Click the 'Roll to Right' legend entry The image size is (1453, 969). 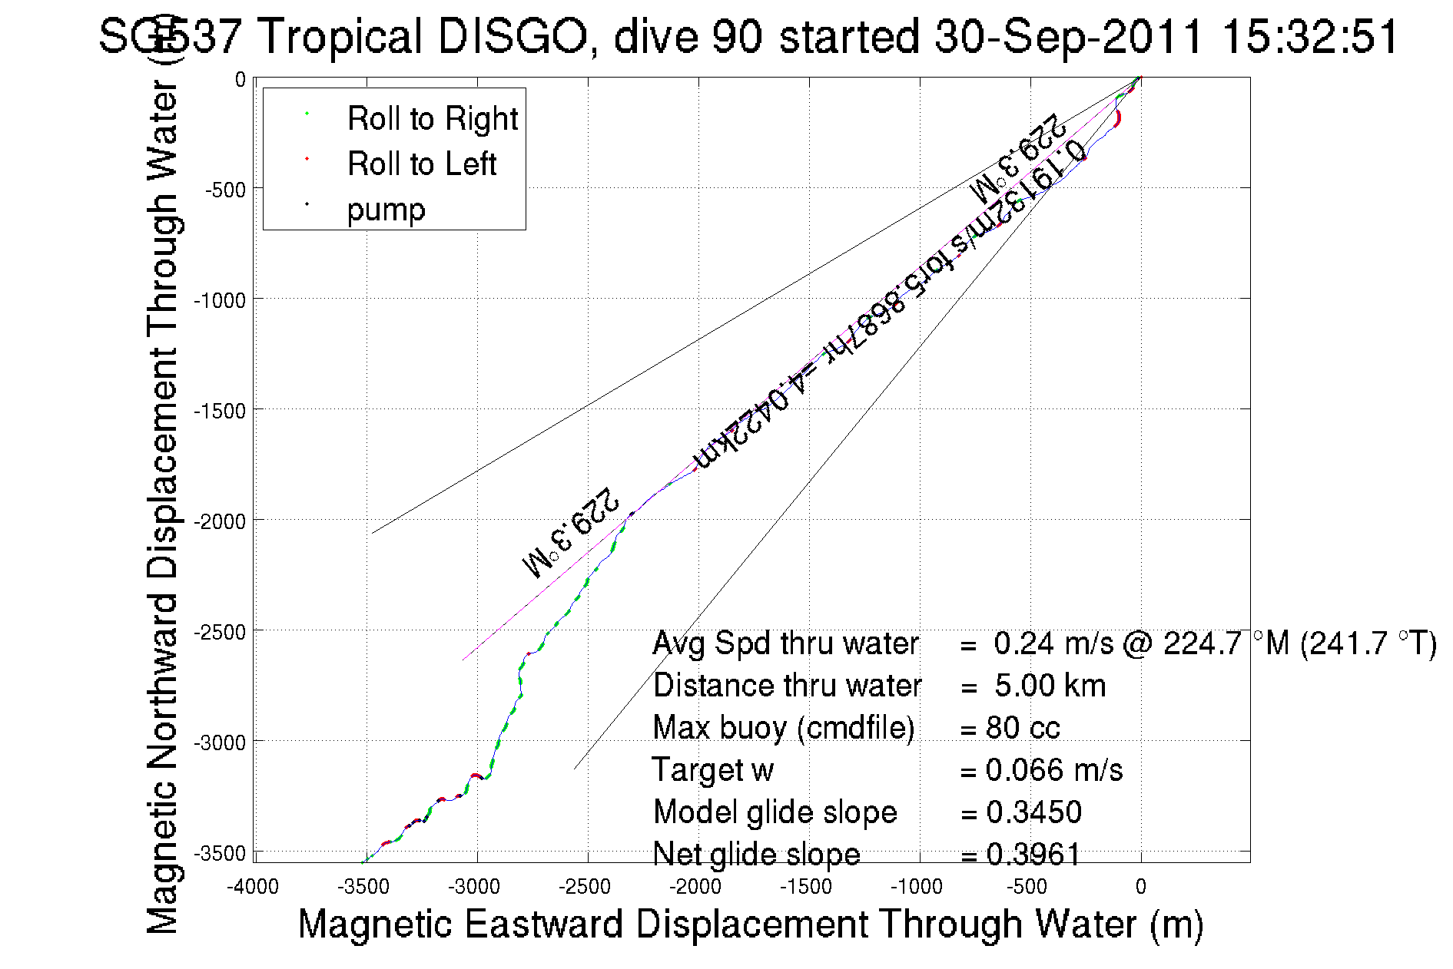(432, 119)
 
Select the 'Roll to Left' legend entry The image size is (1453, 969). (421, 164)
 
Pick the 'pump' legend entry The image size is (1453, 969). (386, 210)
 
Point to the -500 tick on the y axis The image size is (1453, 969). (225, 190)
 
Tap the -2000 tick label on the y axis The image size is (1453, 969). (220, 522)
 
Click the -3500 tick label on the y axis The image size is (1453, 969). (220, 854)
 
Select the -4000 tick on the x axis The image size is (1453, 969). (253, 887)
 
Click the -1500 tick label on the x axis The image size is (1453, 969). (806, 887)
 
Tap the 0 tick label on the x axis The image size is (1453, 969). (1140, 887)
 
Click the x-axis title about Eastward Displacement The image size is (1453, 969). (750, 924)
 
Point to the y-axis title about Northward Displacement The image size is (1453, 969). (162, 507)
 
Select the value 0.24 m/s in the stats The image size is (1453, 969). (1053, 643)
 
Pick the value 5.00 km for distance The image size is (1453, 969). (1050, 686)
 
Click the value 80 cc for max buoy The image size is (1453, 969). (1023, 728)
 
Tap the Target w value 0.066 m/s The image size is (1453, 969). (1053, 770)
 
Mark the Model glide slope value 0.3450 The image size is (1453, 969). (1033, 812)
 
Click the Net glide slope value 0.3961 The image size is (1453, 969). (1033, 854)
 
